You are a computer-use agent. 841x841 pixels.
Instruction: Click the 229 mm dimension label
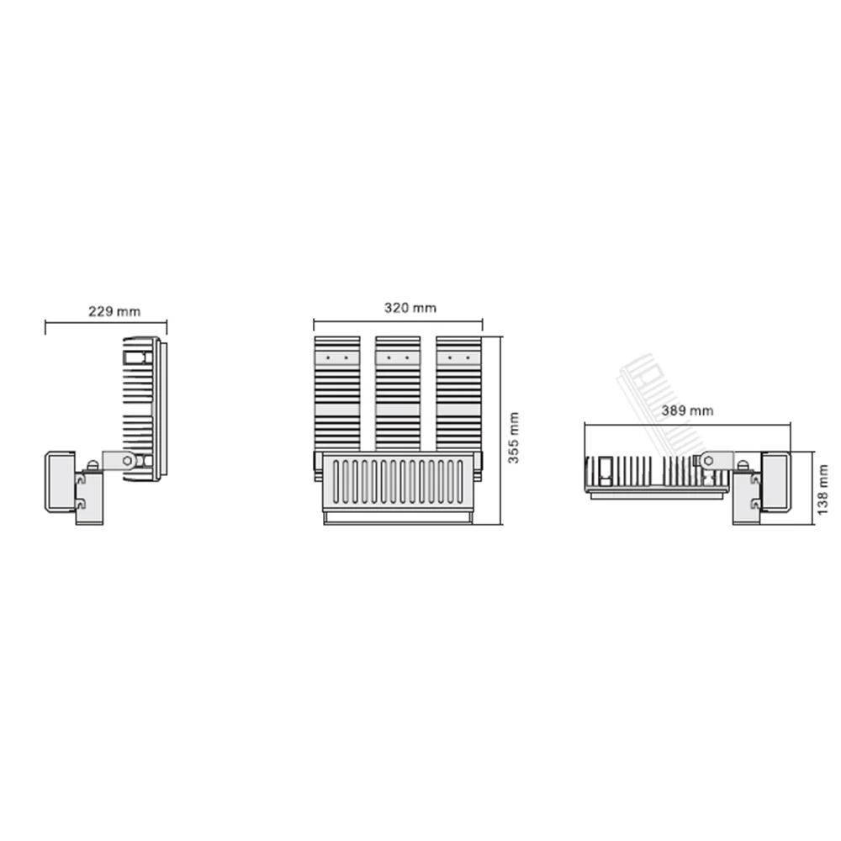[114, 311]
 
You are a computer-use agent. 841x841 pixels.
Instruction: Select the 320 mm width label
[410, 308]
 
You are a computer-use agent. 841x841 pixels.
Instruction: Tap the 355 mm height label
[513, 437]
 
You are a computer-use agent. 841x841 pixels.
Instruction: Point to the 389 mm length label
[687, 411]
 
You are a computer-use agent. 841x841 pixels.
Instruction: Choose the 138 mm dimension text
[822, 489]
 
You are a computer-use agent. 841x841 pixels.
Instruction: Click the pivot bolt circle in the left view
[128, 460]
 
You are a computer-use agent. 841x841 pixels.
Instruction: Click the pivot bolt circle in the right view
[708, 460]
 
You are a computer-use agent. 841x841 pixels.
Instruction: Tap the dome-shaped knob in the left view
[93, 466]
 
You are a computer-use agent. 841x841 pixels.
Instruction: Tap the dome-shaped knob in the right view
[743, 466]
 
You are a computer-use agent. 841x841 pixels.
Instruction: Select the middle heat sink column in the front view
[398, 394]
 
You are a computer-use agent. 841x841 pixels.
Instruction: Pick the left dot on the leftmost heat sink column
[328, 357]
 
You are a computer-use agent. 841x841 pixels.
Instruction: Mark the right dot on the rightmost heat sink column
[468, 357]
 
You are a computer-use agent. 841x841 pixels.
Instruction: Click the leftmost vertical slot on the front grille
[336, 482]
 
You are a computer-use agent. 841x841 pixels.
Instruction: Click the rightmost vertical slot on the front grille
[460, 482]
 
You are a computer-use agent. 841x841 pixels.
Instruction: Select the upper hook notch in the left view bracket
[81, 479]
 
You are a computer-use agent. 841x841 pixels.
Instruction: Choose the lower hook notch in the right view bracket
[755, 504]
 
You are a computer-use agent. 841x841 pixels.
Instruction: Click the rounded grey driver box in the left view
[60, 482]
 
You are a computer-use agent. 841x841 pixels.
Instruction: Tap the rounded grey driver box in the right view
[775, 482]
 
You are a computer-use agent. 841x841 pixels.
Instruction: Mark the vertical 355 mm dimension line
[501, 430]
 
